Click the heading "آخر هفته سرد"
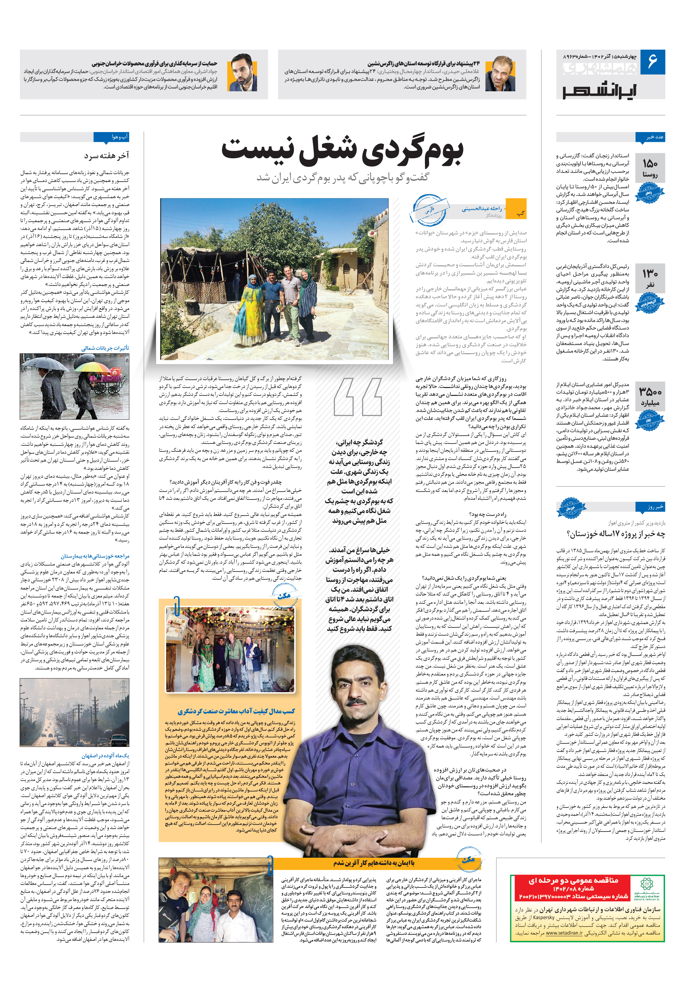click(x=106, y=156)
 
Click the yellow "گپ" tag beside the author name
click(x=520, y=214)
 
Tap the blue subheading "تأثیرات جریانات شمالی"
click(x=105, y=348)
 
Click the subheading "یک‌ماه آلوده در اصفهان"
click(x=105, y=755)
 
